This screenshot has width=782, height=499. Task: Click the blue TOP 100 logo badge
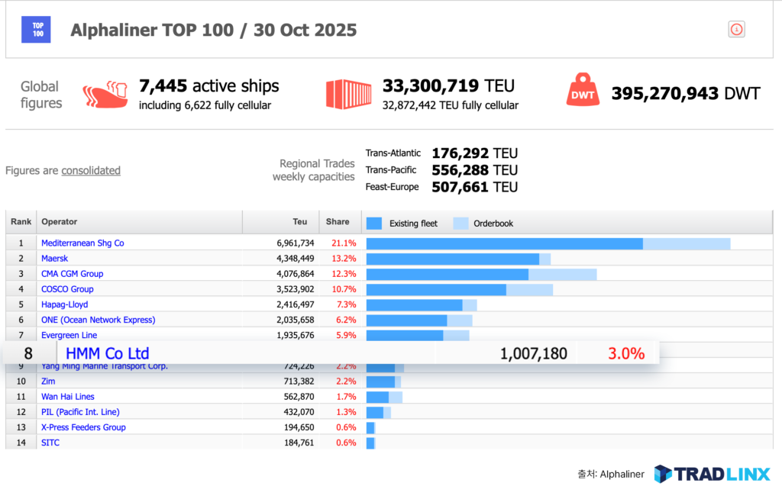coord(37,30)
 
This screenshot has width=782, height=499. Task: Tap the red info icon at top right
coord(736,30)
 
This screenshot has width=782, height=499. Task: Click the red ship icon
coord(105,95)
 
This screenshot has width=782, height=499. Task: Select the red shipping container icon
coord(348,95)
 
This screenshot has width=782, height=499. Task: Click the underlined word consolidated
coord(91,171)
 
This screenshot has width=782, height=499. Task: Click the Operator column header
coord(60,222)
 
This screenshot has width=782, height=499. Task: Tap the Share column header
coord(338,222)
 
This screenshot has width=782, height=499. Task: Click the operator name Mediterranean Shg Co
coord(82,243)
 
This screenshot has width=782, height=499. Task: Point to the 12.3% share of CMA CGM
coord(344,274)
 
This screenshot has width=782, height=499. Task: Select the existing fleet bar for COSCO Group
coord(436,289)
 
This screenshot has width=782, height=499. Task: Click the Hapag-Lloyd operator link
coord(64,304)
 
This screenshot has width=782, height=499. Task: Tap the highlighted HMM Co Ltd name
coord(108,353)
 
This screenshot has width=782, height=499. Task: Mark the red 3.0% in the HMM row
coord(626,353)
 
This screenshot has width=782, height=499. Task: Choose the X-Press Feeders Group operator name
coord(83,427)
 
